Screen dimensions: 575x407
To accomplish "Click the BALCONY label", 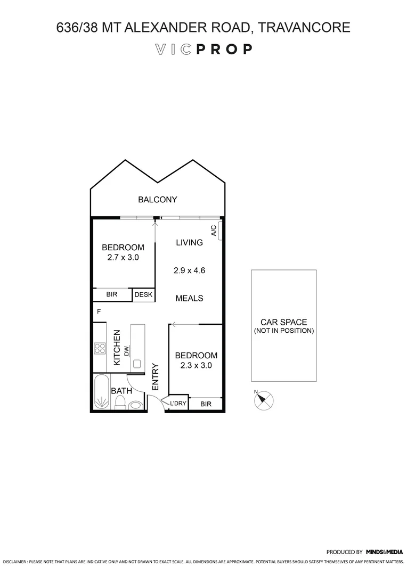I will tap(157, 200).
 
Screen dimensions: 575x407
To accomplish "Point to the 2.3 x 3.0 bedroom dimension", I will tap(196, 365).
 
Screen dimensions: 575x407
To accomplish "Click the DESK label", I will tap(143, 294).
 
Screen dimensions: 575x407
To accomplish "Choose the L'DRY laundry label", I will tap(178, 404).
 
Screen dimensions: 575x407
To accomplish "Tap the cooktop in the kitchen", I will tap(100, 348).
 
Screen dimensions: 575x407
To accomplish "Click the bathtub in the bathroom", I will tap(100, 393).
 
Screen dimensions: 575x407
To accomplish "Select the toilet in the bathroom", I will tap(121, 402).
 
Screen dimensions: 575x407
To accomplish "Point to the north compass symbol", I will tap(263, 400).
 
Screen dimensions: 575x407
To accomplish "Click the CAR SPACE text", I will tap(283, 322).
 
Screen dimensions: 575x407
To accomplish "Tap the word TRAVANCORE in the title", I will tap(304, 27).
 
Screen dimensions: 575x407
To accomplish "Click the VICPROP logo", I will tap(203, 50).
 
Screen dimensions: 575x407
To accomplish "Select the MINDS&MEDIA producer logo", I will tap(384, 552).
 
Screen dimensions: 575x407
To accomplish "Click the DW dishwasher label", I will tap(127, 351).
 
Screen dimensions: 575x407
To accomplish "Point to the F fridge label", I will tap(99, 311).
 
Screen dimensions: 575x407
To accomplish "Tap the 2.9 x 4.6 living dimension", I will tap(189, 270).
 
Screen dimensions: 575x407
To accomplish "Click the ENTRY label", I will tap(156, 376).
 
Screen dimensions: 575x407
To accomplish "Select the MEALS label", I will tap(189, 298).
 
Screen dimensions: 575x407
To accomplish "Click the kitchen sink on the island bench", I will tap(136, 364).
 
